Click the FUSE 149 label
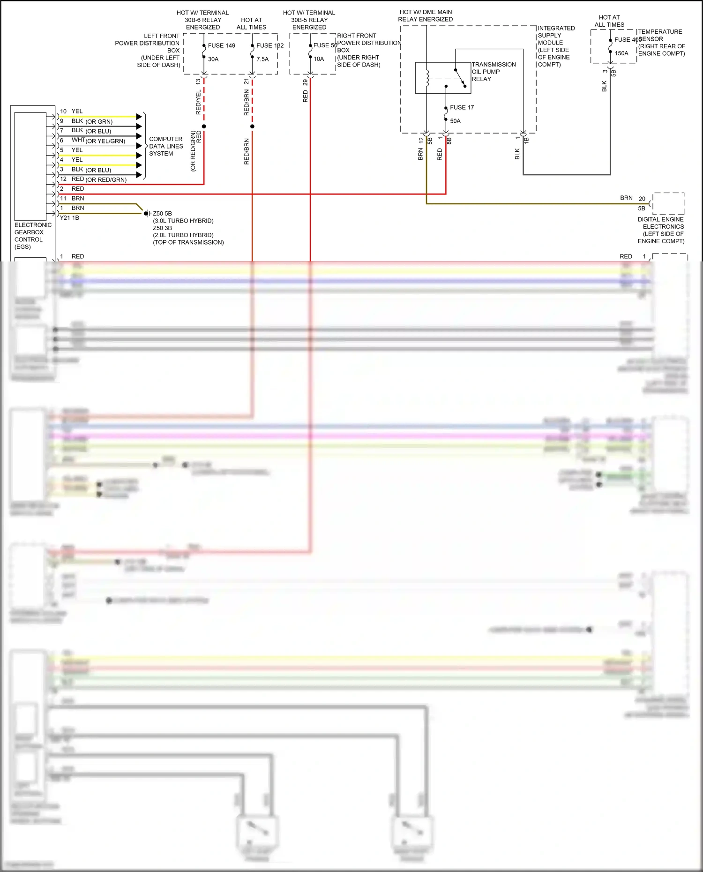221,45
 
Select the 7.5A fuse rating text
262,59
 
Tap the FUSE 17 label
462,107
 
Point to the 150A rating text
621,53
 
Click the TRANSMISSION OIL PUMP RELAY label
494,72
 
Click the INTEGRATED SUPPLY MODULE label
556,46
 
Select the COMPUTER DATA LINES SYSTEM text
166,146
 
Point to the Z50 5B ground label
162,214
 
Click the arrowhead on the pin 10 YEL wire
139,117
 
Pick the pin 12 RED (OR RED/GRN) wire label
98,179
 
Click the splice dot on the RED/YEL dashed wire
204,127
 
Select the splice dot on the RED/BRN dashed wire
252,127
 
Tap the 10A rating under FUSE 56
319,59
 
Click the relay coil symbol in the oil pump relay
427,78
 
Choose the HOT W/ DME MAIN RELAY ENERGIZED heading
426,15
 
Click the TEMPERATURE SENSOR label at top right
661,43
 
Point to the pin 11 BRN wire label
77,198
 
